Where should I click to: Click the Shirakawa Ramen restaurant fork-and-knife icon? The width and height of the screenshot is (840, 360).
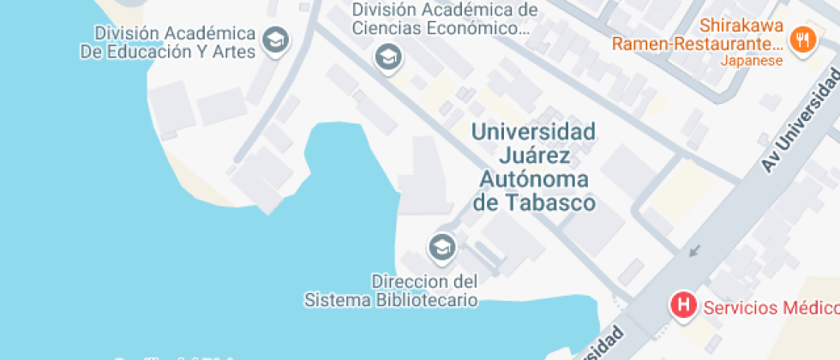pos(802,39)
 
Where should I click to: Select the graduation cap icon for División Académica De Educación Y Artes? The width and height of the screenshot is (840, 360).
pos(275,40)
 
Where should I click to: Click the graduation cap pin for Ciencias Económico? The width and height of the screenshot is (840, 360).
pos(388,57)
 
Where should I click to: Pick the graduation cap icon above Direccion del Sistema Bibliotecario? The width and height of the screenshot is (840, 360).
pos(442,248)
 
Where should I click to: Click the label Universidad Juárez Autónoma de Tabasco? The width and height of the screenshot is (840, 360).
pos(534,168)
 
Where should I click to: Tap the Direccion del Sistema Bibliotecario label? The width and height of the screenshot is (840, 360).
pos(392,291)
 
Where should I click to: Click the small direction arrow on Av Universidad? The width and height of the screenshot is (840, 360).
pos(694,251)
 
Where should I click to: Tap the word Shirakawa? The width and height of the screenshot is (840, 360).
pos(741,25)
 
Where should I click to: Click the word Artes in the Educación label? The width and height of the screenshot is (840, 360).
pos(236,51)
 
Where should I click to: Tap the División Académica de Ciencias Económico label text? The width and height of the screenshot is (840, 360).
pos(445,19)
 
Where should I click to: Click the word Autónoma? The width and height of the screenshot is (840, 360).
pos(534,180)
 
